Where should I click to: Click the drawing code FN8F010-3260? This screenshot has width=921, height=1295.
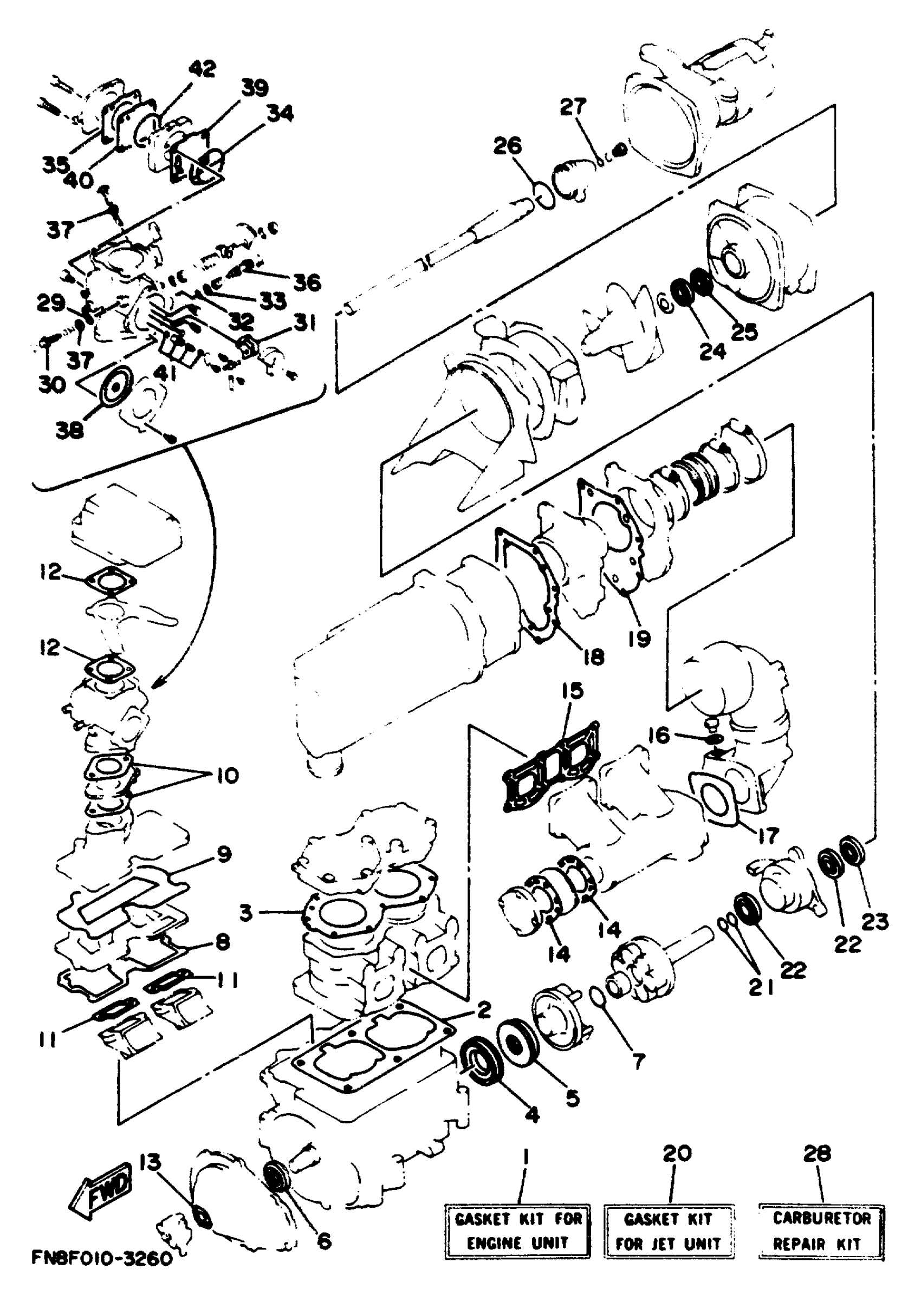tap(102, 1274)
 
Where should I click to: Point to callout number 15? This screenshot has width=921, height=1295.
tap(573, 692)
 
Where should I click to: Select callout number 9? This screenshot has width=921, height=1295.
tap(225, 854)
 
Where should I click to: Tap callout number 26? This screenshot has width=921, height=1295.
tap(507, 146)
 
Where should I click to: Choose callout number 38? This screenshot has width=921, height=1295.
tap(69, 431)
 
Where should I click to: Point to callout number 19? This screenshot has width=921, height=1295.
tap(639, 639)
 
